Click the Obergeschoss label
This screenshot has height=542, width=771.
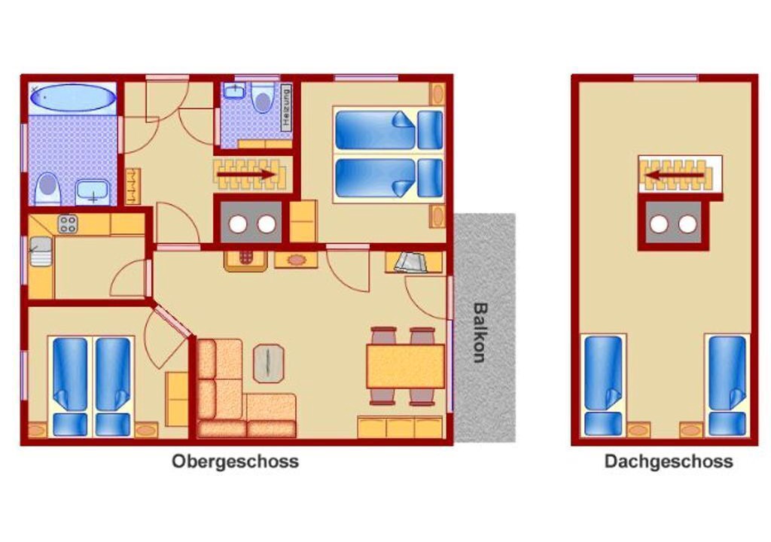235,462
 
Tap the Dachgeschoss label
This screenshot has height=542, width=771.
669,462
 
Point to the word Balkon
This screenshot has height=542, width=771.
480,332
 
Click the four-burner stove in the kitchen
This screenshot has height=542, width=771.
67,224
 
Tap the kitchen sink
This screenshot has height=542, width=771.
41,251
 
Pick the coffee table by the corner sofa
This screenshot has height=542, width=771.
269,364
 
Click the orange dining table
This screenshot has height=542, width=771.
406,366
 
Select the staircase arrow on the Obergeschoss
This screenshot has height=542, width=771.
246,174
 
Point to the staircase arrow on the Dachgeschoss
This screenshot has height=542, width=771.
674,175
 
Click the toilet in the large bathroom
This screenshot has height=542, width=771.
47,188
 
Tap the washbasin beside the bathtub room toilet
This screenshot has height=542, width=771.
93,192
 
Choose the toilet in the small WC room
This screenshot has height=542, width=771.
263,99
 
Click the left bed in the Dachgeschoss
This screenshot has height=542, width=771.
603,385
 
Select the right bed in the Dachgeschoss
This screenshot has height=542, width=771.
727,385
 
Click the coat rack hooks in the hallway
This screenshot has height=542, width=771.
133,187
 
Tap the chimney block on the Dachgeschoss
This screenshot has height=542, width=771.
673,224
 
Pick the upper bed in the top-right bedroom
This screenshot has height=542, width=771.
389,129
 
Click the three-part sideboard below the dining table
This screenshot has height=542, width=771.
400,427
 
